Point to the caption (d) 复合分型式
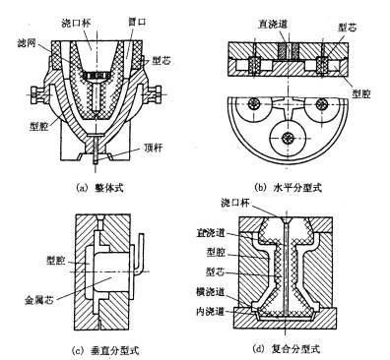tap(294, 346)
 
